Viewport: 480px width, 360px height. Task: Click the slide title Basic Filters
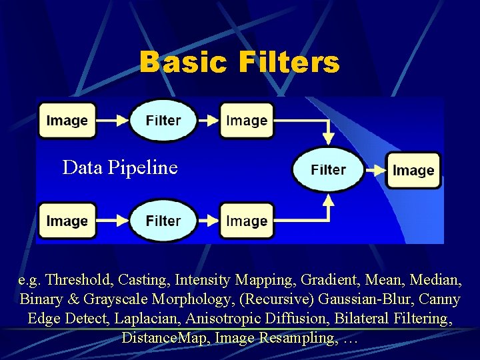[x=239, y=63]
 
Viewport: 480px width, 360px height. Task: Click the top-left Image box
[x=67, y=120]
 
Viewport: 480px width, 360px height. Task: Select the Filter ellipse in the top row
[x=163, y=120]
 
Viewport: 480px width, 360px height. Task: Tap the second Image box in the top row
[x=247, y=120]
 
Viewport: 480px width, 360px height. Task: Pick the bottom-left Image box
[x=67, y=221]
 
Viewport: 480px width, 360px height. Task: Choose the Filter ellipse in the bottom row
[x=163, y=221]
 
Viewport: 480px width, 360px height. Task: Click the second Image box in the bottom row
[x=247, y=221]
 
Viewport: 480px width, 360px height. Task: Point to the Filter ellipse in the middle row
[x=328, y=170]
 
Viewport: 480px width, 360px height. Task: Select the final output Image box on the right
[x=413, y=170]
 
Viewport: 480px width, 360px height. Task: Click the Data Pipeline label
[x=120, y=167]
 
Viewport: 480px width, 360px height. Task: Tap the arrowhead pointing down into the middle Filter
[x=327, y=139]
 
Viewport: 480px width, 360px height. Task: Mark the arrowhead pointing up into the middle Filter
[x=327, y=201]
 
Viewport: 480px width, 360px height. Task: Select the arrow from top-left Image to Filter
[x=111, y=121]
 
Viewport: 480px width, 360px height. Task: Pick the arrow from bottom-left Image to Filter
[x=111, y=221]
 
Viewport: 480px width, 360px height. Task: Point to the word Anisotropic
[x=218, y=319]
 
